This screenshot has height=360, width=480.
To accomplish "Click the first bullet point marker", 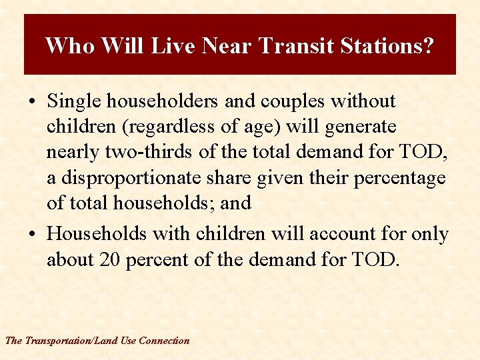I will click(32, 102).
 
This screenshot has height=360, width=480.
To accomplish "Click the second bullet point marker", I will click(32, 235).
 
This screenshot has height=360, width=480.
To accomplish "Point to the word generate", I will click(359, 127).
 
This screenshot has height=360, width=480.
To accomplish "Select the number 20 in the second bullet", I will click(109, 259).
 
